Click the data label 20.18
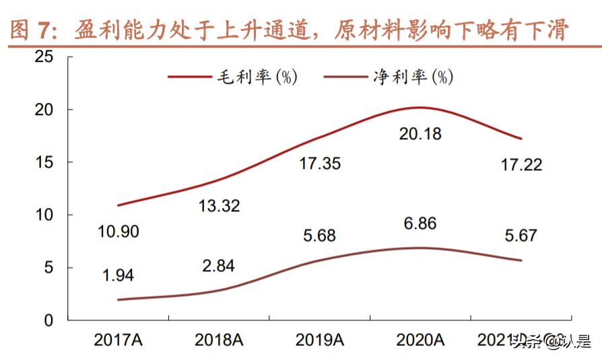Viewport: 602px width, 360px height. pyautogui.click(x=420, y=135)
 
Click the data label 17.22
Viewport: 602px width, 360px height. pyautogui.click(x=521, y=165)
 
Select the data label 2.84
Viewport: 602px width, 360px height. pyautogui.click(x=218, y=266)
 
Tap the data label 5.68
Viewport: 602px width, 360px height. pyautogui.click(x=319, y=236)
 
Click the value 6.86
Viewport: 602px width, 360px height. pyautogui.click(x=420, y=223)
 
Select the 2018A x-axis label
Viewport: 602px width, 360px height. pyautogui.click(x=218, y=340)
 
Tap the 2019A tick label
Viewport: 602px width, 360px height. pyautogui.click(x=319, y=340)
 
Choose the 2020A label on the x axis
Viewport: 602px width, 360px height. pyautogui.click(x=420, y=340)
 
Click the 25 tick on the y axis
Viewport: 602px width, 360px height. pyautogui.click(x=44, y=57)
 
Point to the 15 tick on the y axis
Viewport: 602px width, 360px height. pyautogui.click(x=44, y=162)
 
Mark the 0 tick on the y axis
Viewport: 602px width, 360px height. pyautogui.click(x=48, y=320)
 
